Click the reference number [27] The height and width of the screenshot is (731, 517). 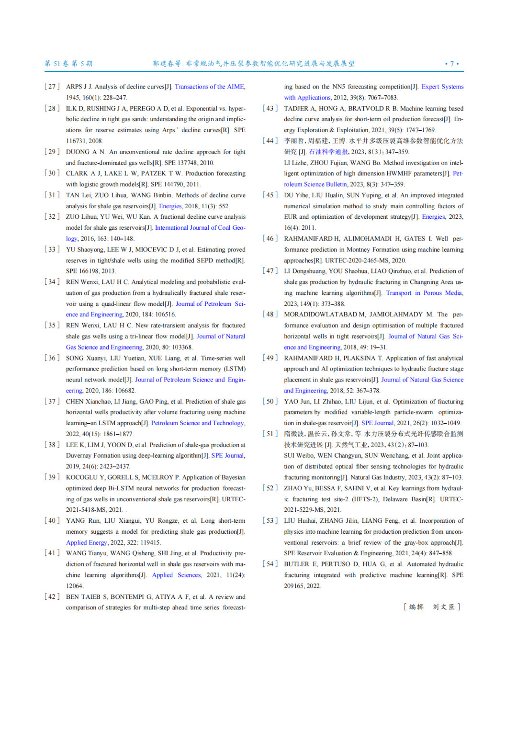coord(52,87)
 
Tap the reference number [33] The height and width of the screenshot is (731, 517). coord(52,249)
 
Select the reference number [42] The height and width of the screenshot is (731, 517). coord(52,596)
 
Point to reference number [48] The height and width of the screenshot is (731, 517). coord(270,315)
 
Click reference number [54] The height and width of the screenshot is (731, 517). coord(270,564)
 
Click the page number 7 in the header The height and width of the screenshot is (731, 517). coord(452,64)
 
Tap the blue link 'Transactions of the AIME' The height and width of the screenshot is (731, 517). coord(209,87)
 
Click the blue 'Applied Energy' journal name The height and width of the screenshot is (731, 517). coord(87,542)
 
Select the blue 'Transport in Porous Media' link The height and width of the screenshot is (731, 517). coord(424,293)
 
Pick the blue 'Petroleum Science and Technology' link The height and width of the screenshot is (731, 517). coord(197,423)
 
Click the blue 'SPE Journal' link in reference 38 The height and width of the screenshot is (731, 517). coord(227,456)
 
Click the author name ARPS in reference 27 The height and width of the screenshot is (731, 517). coord(74,87)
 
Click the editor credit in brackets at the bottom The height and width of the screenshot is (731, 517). coord(432,607)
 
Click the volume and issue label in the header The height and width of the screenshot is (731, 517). coord(68,64)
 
